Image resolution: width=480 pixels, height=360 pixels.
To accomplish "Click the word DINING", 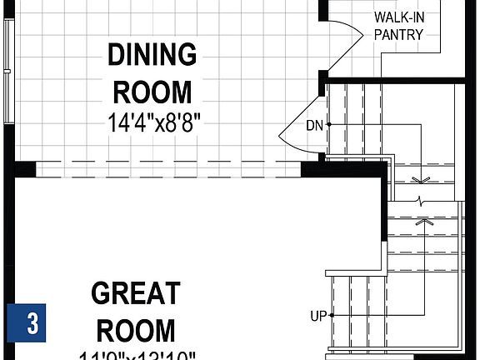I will (x=152, y=56).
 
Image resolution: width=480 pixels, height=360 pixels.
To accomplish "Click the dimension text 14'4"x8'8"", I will (x=154, y=123).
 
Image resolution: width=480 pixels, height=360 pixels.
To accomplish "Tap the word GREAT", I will (x=135, y=293).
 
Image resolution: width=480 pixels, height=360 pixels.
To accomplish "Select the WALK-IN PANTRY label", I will (x=398, y=26).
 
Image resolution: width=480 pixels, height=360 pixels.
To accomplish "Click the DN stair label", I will (x=313, y=126).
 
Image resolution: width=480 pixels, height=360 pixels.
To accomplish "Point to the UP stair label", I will (x=317, y=316).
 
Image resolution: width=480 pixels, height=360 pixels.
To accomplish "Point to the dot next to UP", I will (x=332, y=316).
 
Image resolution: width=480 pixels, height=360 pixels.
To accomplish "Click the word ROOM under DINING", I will (x=152, y=91).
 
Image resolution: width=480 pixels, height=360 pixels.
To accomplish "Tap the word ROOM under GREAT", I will (x=136, y=330).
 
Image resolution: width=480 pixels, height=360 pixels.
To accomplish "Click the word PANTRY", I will (x=398, y=35).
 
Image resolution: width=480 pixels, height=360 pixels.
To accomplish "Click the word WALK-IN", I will (x=398, y=17).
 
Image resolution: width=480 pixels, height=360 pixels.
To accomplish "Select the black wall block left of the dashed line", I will (x=24, y=168).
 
